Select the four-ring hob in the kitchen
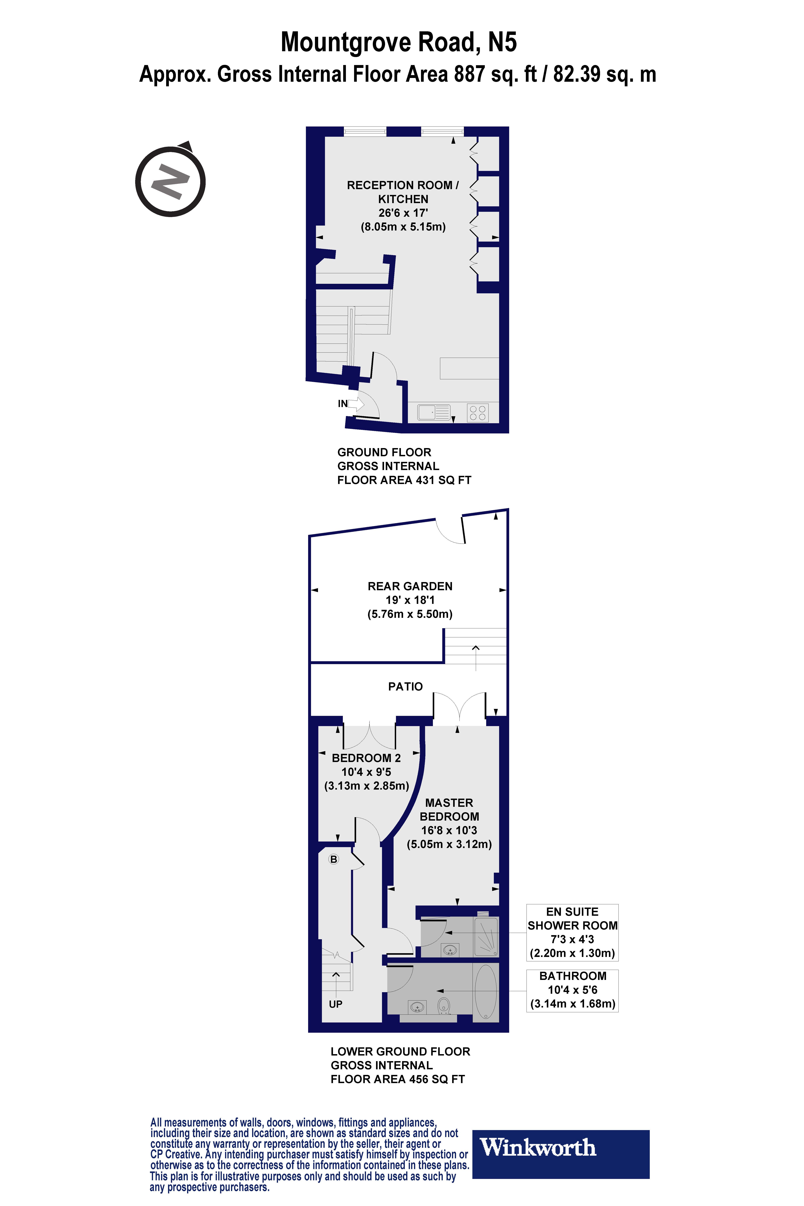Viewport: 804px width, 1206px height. tap(477, 413)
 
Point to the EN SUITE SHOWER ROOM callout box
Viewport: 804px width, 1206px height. tap(572, 932)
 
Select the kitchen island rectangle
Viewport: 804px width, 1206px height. tap(469, 368)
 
